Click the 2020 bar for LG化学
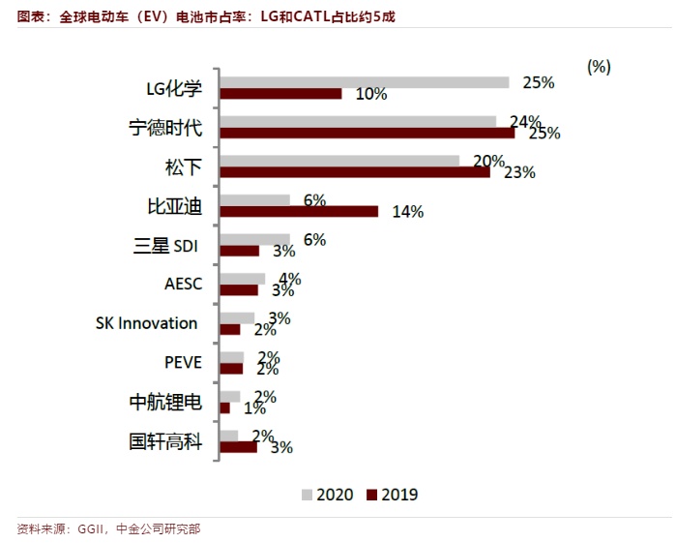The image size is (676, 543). point(365,82)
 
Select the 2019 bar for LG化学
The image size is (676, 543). point(281,94)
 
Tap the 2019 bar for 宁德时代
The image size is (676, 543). point(367,133)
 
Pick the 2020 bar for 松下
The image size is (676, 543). point(339,161)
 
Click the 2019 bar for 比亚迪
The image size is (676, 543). point(299,211)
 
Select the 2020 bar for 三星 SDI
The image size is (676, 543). point(255,239)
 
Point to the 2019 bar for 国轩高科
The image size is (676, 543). point(239,447)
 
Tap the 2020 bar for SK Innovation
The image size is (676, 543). point(238,317)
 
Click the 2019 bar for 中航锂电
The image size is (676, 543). point(225,407)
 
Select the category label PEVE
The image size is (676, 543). point(183,363)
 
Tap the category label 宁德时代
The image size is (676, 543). point(165,128)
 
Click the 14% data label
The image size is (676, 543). point(407,212)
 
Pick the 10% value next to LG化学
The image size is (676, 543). point(371,94)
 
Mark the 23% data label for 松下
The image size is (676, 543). point(520,172)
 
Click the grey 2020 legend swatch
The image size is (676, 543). point(308,495)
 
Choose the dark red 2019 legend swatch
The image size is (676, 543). point(372,495)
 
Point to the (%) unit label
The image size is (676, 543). point(599,67)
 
